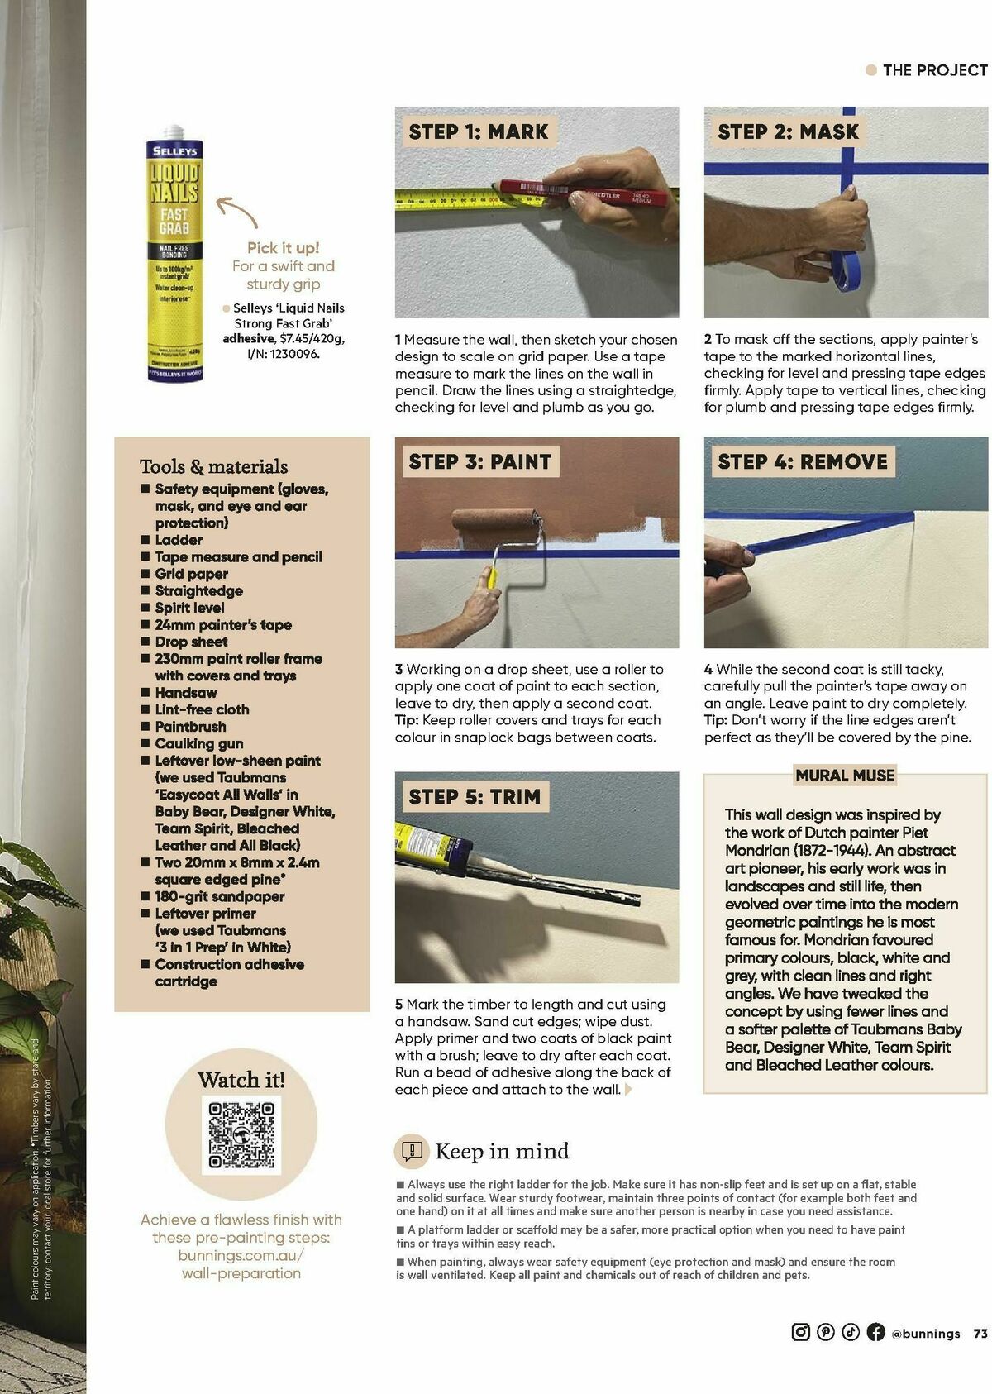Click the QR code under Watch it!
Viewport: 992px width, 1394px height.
point(241,1134)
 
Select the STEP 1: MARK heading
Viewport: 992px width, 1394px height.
point(478,131)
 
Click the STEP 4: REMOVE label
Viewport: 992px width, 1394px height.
point(802,461)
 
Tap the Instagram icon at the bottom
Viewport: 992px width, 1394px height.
point(800,1332)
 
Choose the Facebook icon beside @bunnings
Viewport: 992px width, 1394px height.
point(875,1332)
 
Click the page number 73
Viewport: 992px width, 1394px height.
point(980,1333)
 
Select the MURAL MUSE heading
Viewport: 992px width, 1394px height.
point(845,776)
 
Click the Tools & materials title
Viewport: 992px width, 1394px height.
point(213,466)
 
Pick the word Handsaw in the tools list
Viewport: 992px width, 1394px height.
point(186,693)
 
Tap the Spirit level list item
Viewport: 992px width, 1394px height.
point(189,608)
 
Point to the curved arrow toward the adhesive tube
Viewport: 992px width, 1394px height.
point(237,211)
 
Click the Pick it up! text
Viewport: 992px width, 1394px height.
point(283,248)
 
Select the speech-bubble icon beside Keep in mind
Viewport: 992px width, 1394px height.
point(412,1150)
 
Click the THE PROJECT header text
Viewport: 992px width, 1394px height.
point(934,70)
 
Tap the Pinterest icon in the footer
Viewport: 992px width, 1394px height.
point(825,1332)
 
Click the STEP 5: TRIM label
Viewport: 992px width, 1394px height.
point(474,797)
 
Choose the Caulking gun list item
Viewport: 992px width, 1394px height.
point(198,743)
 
